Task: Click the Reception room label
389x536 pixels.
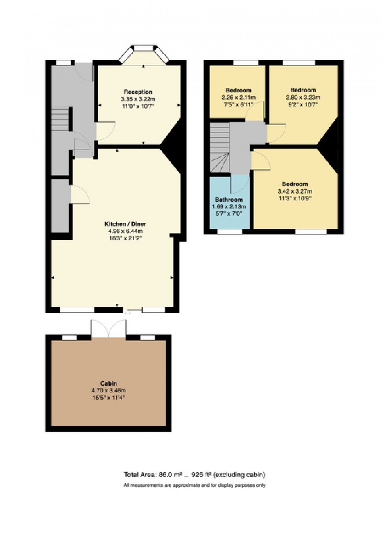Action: (x=138, y=92)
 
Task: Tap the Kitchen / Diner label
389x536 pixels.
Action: (x=125, y=224)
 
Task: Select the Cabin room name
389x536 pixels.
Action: (x=108, y=383)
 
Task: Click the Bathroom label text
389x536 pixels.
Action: (x=229, y=200)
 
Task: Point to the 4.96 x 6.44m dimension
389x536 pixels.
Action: (x=125, y=231)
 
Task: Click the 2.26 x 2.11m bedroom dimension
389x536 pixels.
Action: (x=238, y=98)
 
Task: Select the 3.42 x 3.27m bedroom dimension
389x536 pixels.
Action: (x=295, y=191)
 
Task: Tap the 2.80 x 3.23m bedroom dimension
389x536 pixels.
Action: (x=303, y=98)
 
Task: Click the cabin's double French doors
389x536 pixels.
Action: (x=108, y=329)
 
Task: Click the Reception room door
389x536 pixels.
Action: (x=105, y=131)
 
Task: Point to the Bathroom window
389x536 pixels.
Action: (x=229, y=232)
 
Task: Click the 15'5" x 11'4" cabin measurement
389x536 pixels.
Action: (x=108, y=398)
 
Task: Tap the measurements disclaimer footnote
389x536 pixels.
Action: (x=194, y=485)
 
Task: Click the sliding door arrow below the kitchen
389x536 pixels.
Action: (x=128, y=313)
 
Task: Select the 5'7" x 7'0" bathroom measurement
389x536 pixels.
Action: (x=229, y=214)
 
